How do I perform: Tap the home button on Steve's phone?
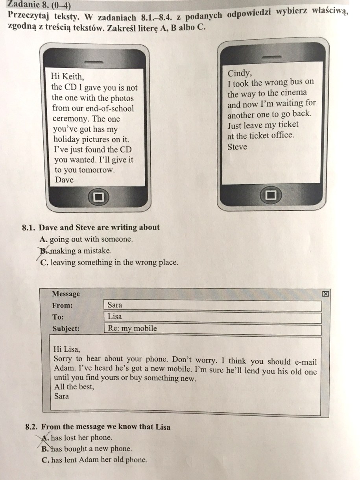pos(271,195)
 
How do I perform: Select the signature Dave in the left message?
pos(64,180)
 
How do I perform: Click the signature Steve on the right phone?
pos(237,147)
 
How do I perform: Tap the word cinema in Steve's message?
pos(294,93)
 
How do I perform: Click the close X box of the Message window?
pos(325,294)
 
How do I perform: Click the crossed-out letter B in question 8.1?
pos(43,250)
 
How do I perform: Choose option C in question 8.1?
pos(44,262)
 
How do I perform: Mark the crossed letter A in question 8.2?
pos(46,437)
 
